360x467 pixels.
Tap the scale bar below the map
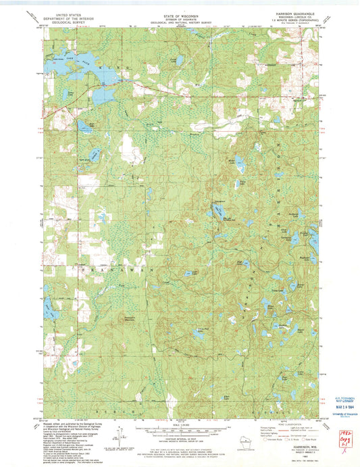[x=179, y=427]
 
